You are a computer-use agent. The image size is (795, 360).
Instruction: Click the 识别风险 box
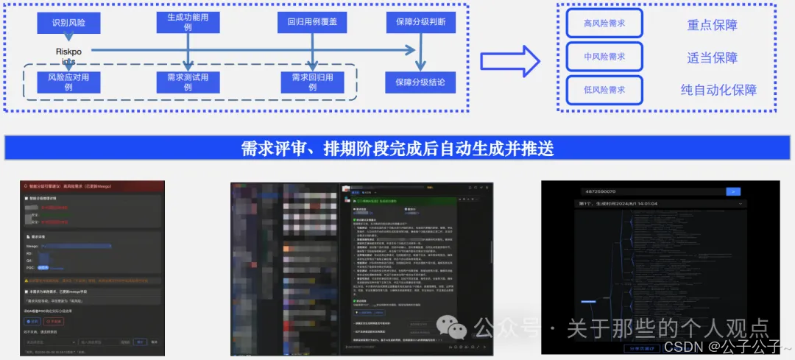68,23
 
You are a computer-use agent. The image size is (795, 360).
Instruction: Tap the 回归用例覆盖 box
312,22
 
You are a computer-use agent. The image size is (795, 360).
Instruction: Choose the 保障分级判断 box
420,22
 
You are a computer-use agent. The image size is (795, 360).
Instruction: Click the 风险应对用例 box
68,82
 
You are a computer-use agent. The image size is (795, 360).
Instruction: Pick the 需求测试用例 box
188,82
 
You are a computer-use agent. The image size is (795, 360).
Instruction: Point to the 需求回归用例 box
312,82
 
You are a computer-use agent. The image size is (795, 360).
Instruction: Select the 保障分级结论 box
420,82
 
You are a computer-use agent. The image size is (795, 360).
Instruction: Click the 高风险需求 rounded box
604,24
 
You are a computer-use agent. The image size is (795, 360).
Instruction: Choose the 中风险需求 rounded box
604,57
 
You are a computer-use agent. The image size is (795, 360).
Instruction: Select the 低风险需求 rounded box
604,90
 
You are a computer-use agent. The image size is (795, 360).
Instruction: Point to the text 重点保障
712,24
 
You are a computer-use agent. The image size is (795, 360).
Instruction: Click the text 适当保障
712,57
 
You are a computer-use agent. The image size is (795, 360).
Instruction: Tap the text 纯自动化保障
718,91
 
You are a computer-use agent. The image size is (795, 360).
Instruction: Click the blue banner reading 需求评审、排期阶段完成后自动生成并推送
397,148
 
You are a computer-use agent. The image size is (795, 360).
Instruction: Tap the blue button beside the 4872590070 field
732,191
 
